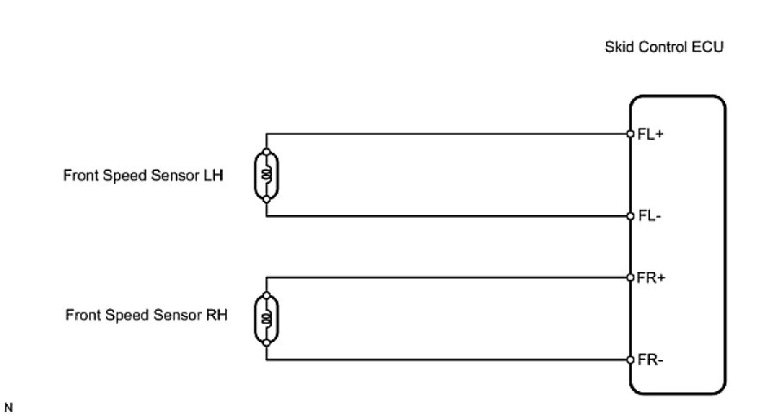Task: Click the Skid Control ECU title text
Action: click(x=663, y=47)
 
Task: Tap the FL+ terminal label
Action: click(x=650, y=135)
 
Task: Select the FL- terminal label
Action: click(x=649, y=216)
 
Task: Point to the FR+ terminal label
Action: click(x=651, y=278)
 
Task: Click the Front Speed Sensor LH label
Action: click(x=143, y=175)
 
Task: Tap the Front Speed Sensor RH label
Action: click(x=146, y=316)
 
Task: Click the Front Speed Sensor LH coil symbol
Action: click(x=267, y=174)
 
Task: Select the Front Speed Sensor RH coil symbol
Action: click(x=267, y=319)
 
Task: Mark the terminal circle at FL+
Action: click(x=630, y=134)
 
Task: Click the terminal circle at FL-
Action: click(x=630, y=216)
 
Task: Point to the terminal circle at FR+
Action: click(x=630, y=277)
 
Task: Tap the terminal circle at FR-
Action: click(x=630, y=359)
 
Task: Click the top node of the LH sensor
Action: click(x=267, y=152)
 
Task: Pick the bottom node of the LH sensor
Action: click(x=267, y=198)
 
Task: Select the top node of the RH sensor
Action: click(x=267, y=296)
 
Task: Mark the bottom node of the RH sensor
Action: click(x=267, y=342)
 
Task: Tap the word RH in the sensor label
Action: click(x=217, y=316)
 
